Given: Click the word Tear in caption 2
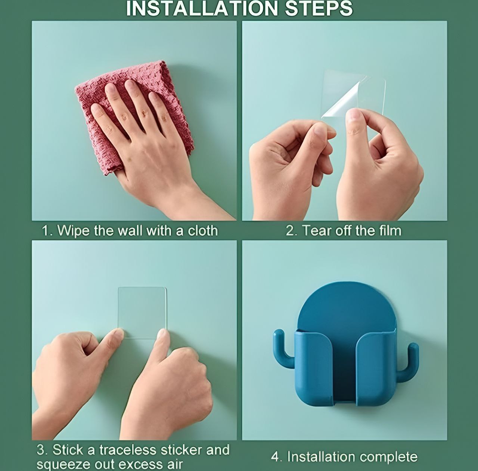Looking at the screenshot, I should tap(316, 230).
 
